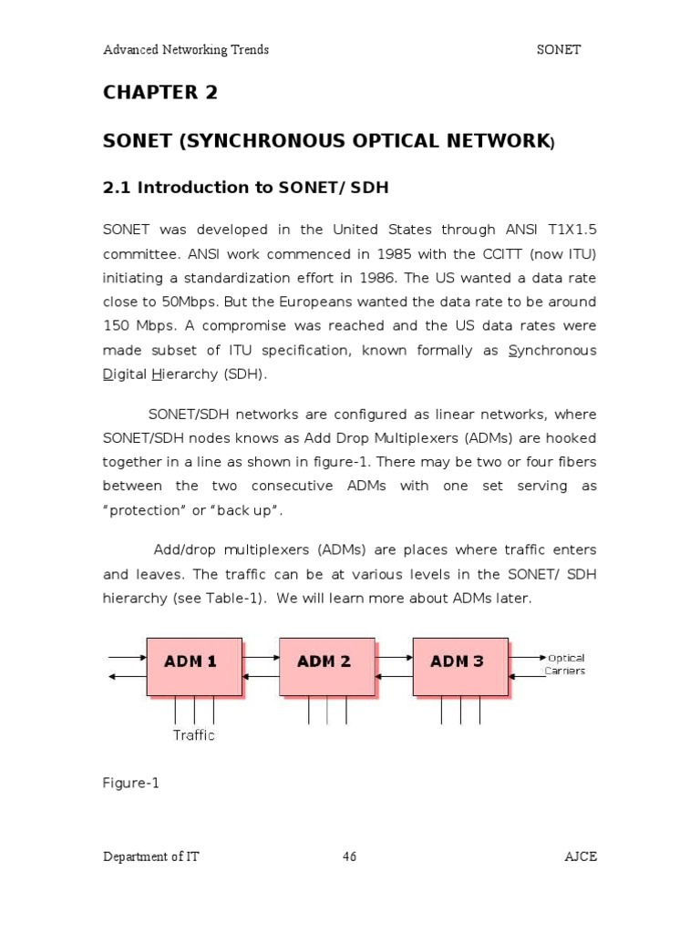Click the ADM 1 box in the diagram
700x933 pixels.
tap(190, 665)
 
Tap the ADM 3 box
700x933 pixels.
tap(458, 665)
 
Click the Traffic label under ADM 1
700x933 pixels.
tap(194, 734)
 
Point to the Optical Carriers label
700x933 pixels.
tap(565, 664)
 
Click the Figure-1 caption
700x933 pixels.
tap(131, 783)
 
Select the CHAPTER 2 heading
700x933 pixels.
tap(160, 93)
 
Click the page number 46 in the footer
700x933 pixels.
tap(350, 856)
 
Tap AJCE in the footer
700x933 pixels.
tap(580, 856)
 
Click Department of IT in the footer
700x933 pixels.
tap(151, 856)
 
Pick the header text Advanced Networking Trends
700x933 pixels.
tap(186, 49)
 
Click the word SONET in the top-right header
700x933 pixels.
tap(559, 49)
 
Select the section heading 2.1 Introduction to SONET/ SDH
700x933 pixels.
tap(246, 188)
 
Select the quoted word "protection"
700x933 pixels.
tap(142, 510)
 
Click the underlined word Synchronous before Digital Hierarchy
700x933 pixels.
tap(552, 351)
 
